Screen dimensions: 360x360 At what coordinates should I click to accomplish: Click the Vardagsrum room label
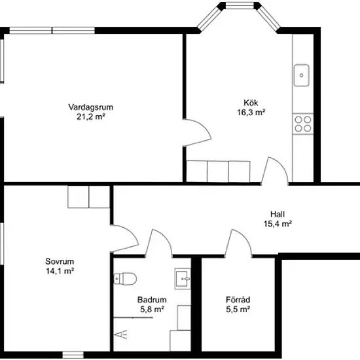(91, 107)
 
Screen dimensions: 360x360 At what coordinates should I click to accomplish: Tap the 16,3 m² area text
(251, 113)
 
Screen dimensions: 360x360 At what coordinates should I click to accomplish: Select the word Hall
(278, 214)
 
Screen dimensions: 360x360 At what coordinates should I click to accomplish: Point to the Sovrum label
(60, 261)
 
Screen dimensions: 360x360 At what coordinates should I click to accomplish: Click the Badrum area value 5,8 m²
(152, 309)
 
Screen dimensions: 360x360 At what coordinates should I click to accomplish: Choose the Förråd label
(238, 300)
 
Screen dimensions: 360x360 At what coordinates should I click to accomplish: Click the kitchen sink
(302, 75)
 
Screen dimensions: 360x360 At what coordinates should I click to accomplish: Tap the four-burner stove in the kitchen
(303, 124)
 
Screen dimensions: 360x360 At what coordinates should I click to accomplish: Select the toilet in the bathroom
(125, 279)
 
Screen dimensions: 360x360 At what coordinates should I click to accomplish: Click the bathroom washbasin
(183, 278)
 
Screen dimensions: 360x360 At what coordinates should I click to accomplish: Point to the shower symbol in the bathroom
(121, 335)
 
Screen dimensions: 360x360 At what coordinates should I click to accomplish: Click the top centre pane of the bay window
(240, 6)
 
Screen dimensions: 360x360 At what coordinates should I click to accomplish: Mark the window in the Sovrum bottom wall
(73, 355)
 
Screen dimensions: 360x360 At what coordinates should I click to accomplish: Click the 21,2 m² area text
(91, 117)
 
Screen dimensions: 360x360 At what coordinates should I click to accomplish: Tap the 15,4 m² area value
(278, 224)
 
